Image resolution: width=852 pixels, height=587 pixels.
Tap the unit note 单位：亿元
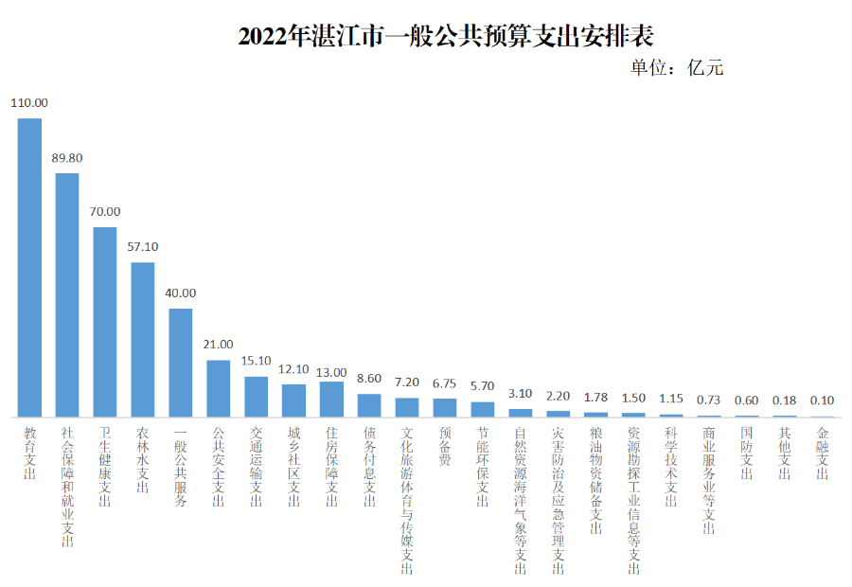coord(676,68)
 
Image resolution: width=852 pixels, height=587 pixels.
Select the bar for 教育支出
coord(29,267)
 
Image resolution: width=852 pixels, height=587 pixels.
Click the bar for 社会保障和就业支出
coord(67,294)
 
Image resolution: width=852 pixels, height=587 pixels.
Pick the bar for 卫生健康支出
coord(105,322)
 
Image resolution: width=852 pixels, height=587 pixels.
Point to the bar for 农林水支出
coord(143,339)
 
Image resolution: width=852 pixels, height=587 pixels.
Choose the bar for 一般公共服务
coord(181,363)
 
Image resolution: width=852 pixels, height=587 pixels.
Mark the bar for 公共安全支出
coord(219,388)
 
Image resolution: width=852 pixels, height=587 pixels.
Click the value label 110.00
coord(29,103)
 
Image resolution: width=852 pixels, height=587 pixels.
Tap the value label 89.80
coord(67,158)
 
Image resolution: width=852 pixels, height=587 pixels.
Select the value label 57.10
coord(143,246)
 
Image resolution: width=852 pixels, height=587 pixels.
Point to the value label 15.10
coord(256,361)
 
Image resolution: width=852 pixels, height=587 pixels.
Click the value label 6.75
coord(445,383)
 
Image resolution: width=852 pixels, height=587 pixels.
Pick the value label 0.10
coord(822,400)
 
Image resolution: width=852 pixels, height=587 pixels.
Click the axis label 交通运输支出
coord(256,467)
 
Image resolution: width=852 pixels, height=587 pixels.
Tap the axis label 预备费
coord(445,447)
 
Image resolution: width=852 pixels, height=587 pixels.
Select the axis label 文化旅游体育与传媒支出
coord(407,501)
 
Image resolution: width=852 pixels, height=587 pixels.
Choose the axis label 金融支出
coord(822,454)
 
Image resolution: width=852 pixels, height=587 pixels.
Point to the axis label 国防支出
coord(747,454)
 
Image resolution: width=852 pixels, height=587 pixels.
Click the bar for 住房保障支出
coord(331,399)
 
